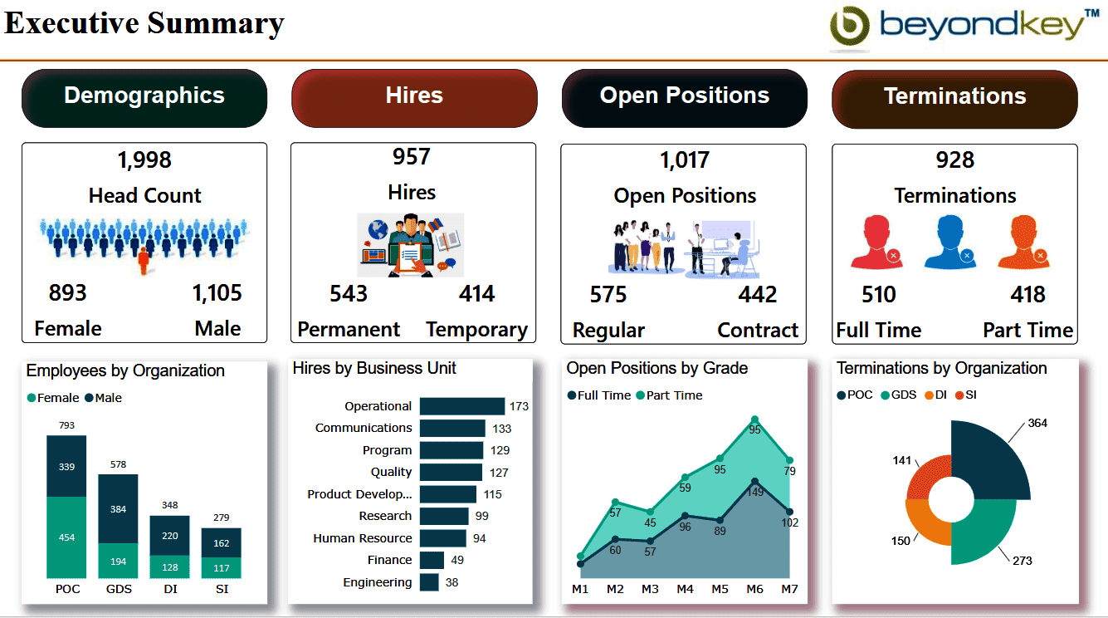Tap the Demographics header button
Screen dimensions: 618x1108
(144, 97)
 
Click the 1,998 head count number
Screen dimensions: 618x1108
(144, 159)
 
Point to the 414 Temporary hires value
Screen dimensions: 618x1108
(476, 294)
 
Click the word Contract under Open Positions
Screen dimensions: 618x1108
(758, 331)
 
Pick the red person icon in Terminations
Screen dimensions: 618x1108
(876, 243)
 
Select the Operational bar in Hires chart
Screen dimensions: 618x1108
(461, 406)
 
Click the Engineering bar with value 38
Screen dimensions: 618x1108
(429, 582)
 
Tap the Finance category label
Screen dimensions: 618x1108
(389, 561)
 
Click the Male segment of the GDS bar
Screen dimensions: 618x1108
(118, 508)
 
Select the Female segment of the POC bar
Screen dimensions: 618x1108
(66, 537)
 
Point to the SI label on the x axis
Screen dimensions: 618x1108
(221, 590)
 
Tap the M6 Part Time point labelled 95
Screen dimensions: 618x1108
(754, 420)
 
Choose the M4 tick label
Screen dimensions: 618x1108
(685, 590)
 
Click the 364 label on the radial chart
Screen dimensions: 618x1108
(1037, 424)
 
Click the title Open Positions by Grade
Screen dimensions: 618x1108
(657, 368)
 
